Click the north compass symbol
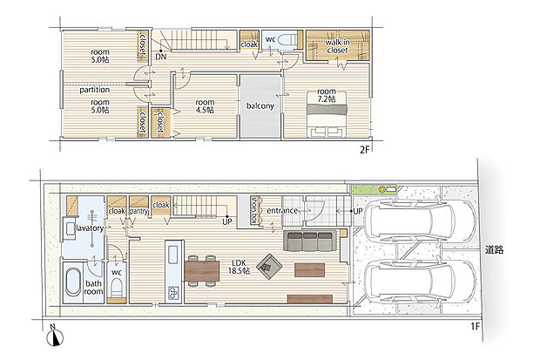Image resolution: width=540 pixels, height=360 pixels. (55, 336)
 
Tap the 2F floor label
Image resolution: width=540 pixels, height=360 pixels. (364, 150)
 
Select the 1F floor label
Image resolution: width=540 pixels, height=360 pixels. (476, 326)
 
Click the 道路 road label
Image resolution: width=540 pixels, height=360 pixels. (494, 249)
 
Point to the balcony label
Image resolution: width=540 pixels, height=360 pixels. (260, 105)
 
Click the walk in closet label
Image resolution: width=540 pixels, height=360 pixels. (338, 46)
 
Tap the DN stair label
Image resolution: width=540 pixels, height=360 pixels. (161, 57)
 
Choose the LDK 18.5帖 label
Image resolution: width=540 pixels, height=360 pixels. (239, 267)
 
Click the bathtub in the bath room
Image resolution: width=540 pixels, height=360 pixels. (72, 282)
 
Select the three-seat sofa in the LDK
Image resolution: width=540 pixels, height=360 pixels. (310, 241)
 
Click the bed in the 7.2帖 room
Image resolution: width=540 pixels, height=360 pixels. (327, 114)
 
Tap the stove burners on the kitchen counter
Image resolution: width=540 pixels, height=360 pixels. (173, 293)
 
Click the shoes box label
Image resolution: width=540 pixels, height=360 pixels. (255, 210)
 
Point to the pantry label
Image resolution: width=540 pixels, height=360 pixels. (138, 211)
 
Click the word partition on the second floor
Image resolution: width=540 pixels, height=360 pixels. (94, 90)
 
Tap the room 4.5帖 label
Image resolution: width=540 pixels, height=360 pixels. (205, 106)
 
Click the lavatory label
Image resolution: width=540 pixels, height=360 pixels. (90, 228)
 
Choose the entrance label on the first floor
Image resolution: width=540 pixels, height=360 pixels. (282, 210)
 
